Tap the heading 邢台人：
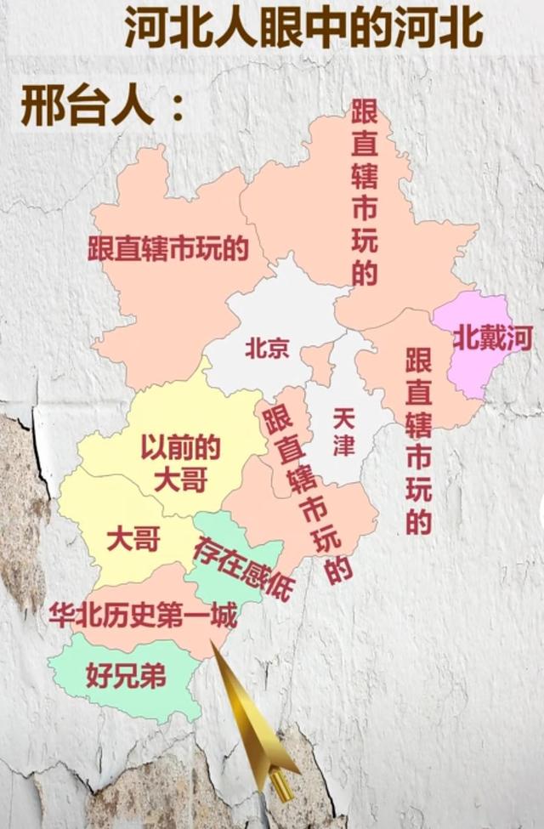point(102,110)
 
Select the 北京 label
point(268,349)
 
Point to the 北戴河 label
point(492,339)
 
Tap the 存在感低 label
point(241,567)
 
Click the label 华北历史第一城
point(142,614)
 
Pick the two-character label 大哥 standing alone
point(134,538)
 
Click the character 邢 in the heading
point(41,110)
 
